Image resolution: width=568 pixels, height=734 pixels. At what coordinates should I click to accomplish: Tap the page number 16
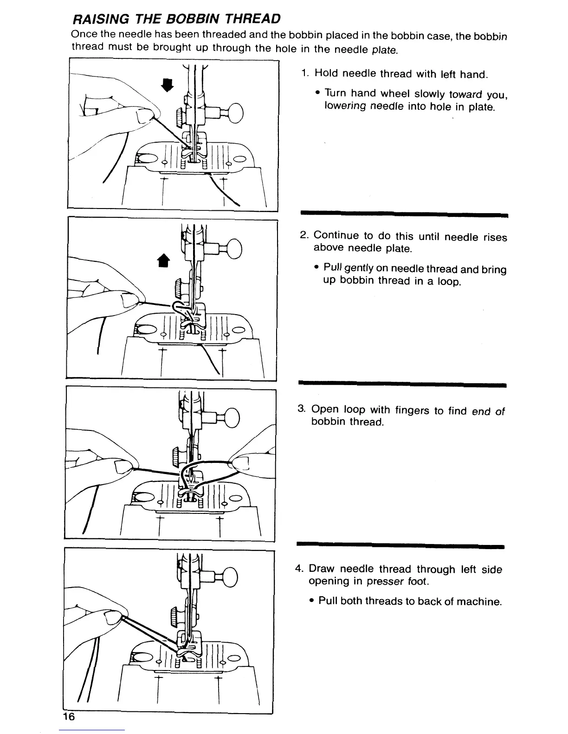69,717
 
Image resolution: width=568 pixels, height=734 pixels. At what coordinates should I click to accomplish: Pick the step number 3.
301,409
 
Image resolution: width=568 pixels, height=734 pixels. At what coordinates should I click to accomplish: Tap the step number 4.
300,569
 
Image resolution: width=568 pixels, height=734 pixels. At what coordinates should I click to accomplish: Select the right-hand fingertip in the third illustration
242,462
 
